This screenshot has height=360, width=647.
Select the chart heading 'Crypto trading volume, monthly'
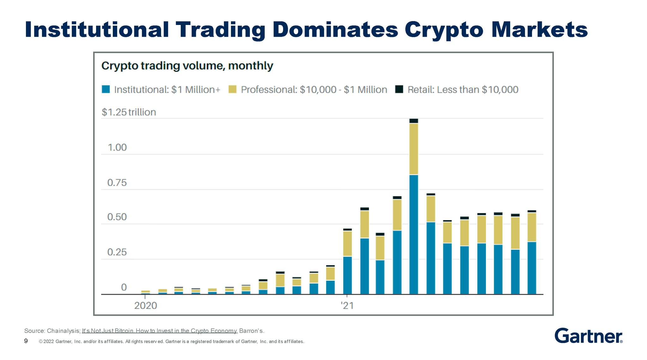[x=187, y=66]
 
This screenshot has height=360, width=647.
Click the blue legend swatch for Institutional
[x=106, y=89]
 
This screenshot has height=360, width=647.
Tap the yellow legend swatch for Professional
[x=233, y=89]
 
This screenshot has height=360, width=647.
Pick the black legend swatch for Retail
[x=399, y=89]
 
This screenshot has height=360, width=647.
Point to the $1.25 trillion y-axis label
[x=129, y=112]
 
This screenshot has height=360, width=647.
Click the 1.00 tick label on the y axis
[x=117, y=147]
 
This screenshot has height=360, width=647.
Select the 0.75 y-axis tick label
[x=117, y=183]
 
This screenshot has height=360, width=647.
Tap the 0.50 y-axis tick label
[x=117, y=217]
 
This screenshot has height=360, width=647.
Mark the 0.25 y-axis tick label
[x=117, y=252]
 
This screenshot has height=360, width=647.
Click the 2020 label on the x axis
[x=145, y=305]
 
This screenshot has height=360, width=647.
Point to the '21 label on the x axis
[x=347, y=305]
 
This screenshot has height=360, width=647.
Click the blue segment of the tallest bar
[x=414, y=234]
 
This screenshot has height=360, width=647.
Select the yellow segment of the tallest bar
[x=414, y=148]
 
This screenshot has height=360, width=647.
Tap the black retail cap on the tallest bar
[x=414, y=121]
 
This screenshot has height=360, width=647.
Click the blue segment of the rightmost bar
[x=532, y=268]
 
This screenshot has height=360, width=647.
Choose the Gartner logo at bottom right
[x=588, y=336]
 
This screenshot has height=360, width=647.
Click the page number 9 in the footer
[x=26, y=341]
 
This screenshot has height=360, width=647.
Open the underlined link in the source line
[x=159, y=331]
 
